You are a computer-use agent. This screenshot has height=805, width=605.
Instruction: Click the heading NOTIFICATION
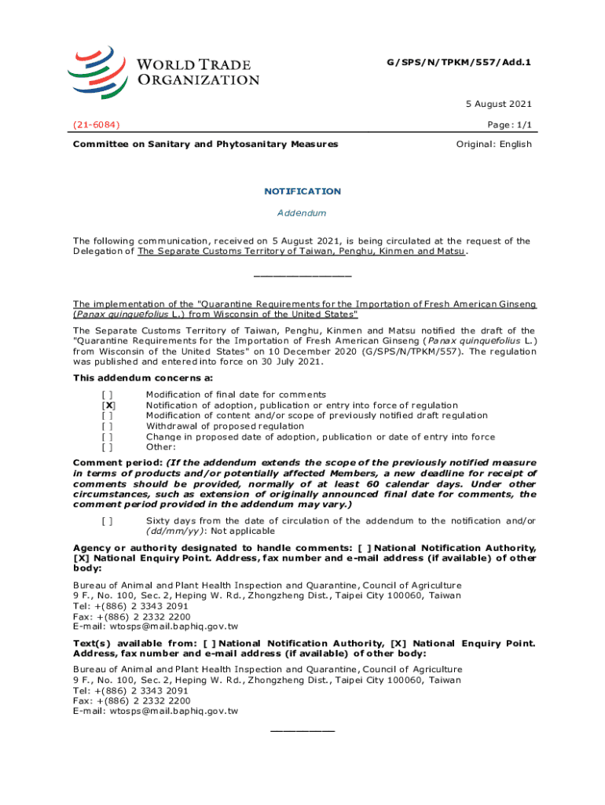[x=302, y=191]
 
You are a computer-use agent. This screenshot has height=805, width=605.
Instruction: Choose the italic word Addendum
[x=302, y=213]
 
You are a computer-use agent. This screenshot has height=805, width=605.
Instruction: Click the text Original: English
[x=494, y=144]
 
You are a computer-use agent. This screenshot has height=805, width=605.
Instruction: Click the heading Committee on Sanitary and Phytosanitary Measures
[x=206, y=144]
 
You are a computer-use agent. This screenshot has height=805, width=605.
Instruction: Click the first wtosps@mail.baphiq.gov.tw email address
[x=156, y=627]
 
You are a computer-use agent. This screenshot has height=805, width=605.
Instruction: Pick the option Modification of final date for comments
[x=236, y=394]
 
